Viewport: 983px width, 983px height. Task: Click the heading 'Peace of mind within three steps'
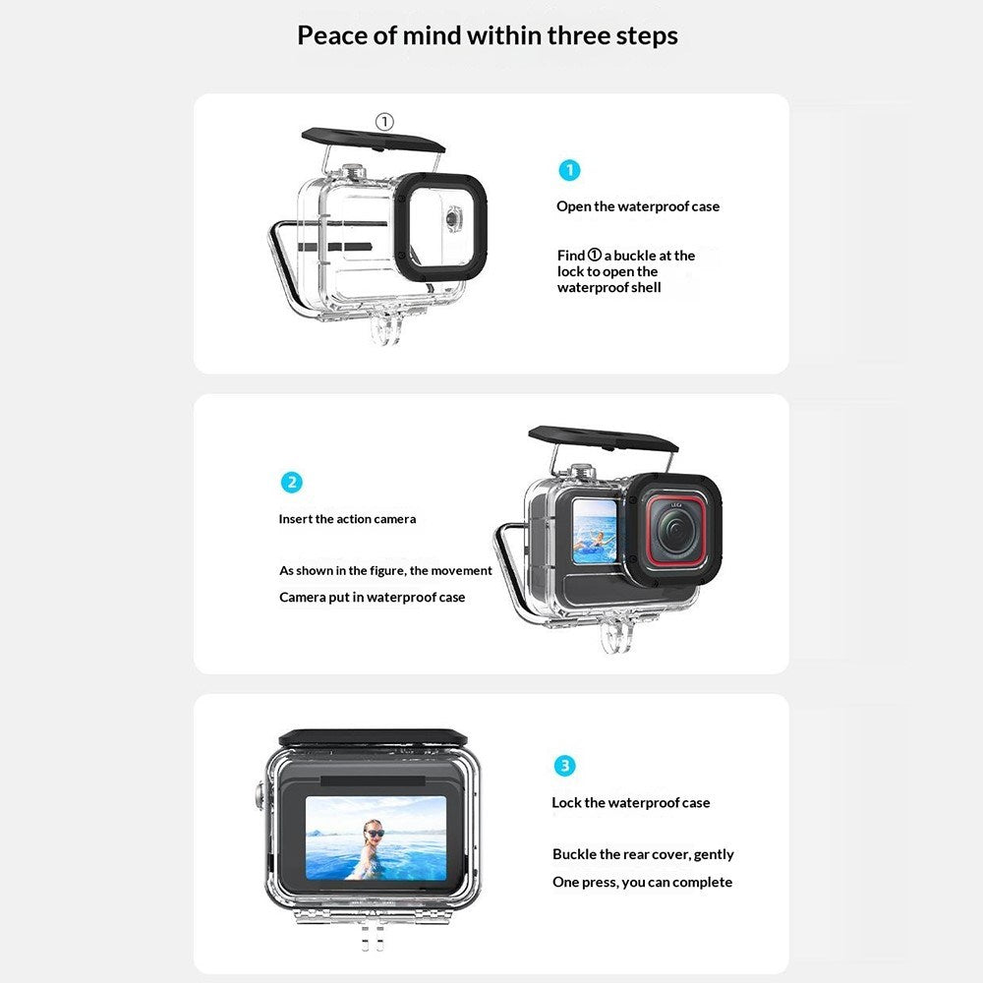pyautogui.click(x=488, y=35)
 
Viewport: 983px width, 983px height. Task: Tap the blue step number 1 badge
pyautogui.click(x=569, y=170)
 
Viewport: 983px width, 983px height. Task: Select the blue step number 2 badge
pyautogui.click(x=292, y=482)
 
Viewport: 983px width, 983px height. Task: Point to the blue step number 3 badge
pyautogui.click(x=564, y=766)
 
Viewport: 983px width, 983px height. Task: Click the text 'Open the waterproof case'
pyautogui.click(x=638, y=206)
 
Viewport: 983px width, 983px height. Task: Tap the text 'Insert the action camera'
pyautogui.click(x=347, y=519)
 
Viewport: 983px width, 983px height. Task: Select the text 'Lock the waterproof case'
pyautogui.click(x=631, y=802)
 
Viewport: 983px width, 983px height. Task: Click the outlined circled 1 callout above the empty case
pyautogui.click(x=384, y=121)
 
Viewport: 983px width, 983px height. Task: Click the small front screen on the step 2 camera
pyautogui.click(x=595, y=532)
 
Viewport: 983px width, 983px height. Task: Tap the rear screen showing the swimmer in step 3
pyautogui.click(x=376, y=838)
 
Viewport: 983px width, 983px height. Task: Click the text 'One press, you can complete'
pyautogui.click(x=642, y=882)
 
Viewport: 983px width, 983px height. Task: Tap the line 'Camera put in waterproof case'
pyautogui.click(x=373, y=597)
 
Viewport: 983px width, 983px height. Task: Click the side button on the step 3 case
pyautogui.click(x=259, y=796)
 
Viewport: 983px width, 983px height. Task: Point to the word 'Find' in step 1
pyautogui.click(x=570, y=256)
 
